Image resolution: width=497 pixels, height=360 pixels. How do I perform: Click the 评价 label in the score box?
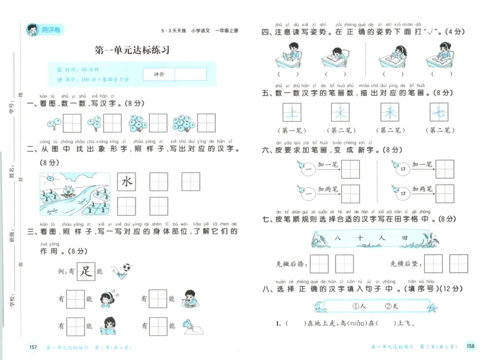pyautogui.click(x=158, y=74)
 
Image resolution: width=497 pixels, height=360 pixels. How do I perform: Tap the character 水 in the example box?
pyautogui.click(x=127, y=182)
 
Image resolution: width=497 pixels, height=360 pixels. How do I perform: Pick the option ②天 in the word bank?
pyautogui.click(x=392, y=305)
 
